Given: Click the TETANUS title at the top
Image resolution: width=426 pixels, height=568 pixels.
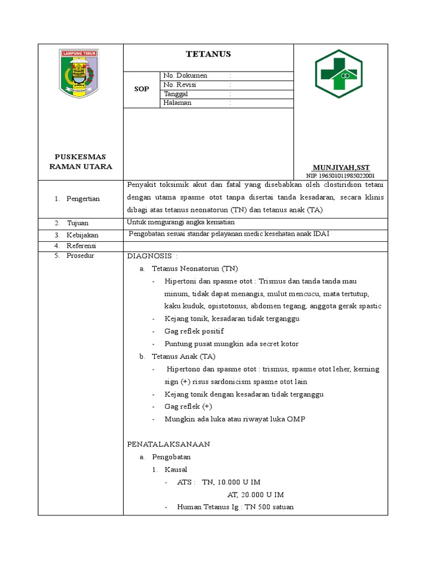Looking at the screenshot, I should (x=207, y=54).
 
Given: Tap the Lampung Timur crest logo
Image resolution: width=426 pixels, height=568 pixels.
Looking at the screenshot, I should (x=77, y=73).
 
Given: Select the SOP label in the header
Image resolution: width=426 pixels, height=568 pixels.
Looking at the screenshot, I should (x=141, y=89).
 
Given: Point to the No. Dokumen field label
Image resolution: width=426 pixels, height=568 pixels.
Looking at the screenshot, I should (x=185, y=75).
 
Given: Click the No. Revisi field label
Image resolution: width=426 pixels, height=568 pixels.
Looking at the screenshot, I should (x=180, y=85).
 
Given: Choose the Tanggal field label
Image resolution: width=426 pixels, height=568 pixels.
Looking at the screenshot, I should (x=176, y=94).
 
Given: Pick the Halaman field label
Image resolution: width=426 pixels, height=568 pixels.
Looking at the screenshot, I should (x=177, y=103).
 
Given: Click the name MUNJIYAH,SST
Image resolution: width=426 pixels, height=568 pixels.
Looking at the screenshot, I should (x=341, y=168).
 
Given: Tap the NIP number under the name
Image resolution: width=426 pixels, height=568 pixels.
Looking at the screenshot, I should (x=340, y=175).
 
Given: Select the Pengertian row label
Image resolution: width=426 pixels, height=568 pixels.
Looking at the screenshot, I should (x=83, y=199).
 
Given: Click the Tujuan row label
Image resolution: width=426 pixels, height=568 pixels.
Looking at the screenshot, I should (x=78, y=222).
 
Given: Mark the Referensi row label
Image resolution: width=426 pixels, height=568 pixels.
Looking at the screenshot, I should (x=82, y=245).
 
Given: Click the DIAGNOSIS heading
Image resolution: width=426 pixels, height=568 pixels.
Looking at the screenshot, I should (x=153, y=256).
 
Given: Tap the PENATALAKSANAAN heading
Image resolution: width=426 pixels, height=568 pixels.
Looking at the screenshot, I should (x=169, y=444).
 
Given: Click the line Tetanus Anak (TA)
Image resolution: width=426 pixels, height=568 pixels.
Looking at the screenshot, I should (x=184, y=356).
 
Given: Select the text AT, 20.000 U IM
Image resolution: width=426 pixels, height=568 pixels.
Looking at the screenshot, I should (x=256, y=494).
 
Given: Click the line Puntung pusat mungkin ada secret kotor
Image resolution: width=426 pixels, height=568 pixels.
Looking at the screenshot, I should (x=231, y=344).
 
